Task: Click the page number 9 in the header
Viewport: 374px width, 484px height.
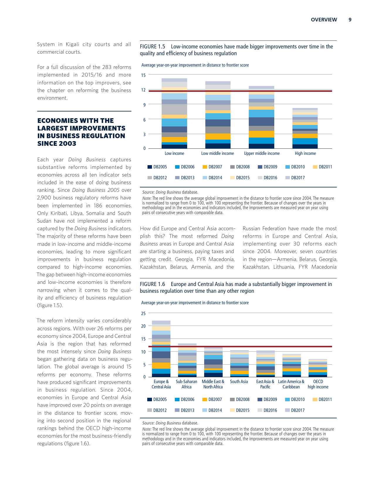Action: [350, 20]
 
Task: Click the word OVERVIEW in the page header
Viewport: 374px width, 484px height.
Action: [324, 20]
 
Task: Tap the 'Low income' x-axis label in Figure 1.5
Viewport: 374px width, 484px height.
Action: [174, 153]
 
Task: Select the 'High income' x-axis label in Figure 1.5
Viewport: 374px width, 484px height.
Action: [305, 153]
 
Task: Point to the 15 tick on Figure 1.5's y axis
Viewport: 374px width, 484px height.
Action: [143, 75]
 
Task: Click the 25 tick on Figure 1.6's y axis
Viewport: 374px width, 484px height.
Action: [143, 313]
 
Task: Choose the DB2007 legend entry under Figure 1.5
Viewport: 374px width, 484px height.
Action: [215, 167]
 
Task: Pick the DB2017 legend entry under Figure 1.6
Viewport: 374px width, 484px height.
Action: [298, 410]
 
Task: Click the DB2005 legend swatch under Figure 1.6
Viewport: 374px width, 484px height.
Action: [150, 400]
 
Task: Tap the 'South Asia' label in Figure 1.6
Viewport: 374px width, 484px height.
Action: [239, 382]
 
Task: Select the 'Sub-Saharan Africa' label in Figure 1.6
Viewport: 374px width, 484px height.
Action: [186, 384]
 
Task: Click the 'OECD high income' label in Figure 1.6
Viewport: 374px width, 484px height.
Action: [318, 384]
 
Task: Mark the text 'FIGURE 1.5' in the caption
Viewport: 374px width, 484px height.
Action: [153, 47]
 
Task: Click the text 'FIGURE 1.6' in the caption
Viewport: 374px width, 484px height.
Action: [153, 284]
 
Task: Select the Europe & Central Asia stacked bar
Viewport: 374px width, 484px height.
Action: [161, 349]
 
